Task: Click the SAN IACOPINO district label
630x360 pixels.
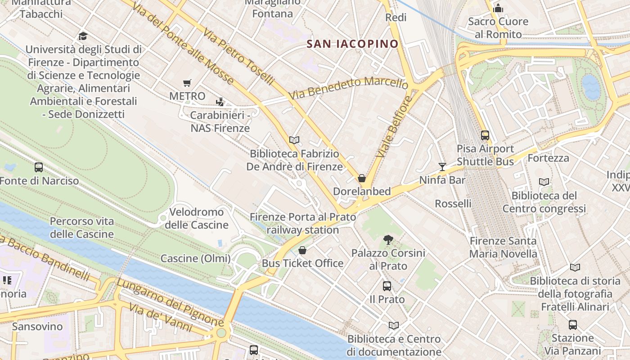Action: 352,44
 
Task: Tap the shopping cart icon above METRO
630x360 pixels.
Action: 187,83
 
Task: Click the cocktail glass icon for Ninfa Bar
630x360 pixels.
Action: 442,167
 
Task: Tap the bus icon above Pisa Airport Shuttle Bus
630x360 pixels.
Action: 485,135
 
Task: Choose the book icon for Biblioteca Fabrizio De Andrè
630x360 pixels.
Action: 294,140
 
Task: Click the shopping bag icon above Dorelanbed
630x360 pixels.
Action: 362,178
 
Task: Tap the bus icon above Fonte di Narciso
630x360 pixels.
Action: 39,167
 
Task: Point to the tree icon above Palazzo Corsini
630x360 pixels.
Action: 388,239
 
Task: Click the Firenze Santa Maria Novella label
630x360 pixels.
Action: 503,247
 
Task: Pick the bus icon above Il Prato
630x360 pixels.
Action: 387,286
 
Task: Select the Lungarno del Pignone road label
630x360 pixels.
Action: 170,302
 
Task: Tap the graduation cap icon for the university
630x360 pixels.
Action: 83,36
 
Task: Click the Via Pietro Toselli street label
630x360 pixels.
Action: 238,57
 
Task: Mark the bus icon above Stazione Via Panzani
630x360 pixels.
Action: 572,324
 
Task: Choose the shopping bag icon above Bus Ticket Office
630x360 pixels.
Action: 302,250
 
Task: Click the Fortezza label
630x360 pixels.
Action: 548,158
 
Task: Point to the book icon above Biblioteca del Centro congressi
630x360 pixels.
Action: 544,182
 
